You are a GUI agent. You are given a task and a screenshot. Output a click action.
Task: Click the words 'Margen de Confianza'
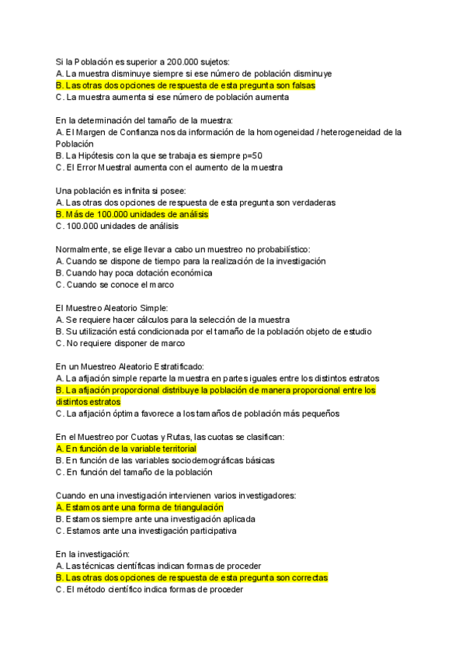[x=116, y=133]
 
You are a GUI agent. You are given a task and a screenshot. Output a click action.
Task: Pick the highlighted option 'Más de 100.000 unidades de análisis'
[x=132, y=214]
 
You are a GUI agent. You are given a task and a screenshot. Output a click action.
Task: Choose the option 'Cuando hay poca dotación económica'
[x=134, y=273]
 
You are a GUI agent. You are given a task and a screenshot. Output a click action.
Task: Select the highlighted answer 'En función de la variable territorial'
[x=126, y=448]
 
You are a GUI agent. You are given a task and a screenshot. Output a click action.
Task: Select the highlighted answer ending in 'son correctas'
[x=192, y=577]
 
